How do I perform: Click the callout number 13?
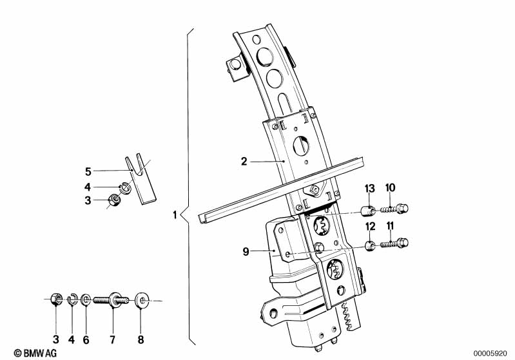click(x=369, y=189)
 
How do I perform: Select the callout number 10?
click(x=390, y=188)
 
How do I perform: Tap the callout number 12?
click(x=370, y=227)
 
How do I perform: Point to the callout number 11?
click(x=390, y=226)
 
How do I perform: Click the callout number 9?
click(x=246, y=252)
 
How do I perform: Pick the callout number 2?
click(x=244, y=162)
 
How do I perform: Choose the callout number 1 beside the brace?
click(x=175, y=215)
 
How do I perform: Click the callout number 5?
click(x=88, y=172)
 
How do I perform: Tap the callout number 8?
click(x=141, y=339)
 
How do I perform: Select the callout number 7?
click(x=113, y=339)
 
